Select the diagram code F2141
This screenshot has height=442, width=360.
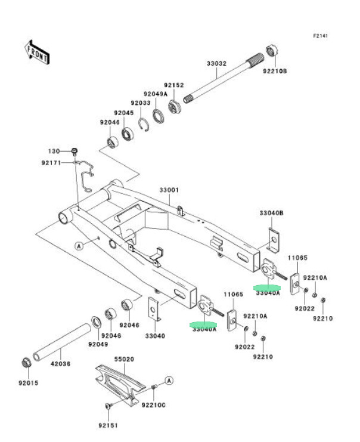pyautogui.click(x=321, y=36)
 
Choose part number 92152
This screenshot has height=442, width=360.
pyautogui.click(x=174, y=85)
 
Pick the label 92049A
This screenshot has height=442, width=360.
pyautogui.click(x=154, y=94)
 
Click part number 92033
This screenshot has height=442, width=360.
pyautogui.click(x=141, y=103)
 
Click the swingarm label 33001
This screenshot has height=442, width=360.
pyautogui.click(x=169, y=190)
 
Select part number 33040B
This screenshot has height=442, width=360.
pyautogui.click(x=271, y=212)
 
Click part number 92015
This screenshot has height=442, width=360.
pyautogui.click(x=27, y=383)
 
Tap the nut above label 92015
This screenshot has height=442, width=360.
pyautogui.click(x=27, y=361)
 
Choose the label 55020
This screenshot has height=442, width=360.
pyautogui.click(x=125, y=360)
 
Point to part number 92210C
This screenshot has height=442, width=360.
pyautogui.click(x=153, y=406)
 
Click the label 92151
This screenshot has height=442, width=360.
pyautogui.click(x=108, y=425)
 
